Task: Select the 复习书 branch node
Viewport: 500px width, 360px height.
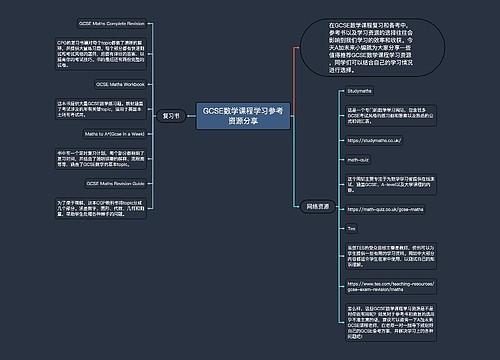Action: click(171, 116)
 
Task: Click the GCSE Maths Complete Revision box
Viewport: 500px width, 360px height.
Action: click(113, 22)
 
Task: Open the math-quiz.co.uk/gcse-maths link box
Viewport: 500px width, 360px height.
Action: click(386, 211)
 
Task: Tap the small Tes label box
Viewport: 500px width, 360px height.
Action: click(351, 229)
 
